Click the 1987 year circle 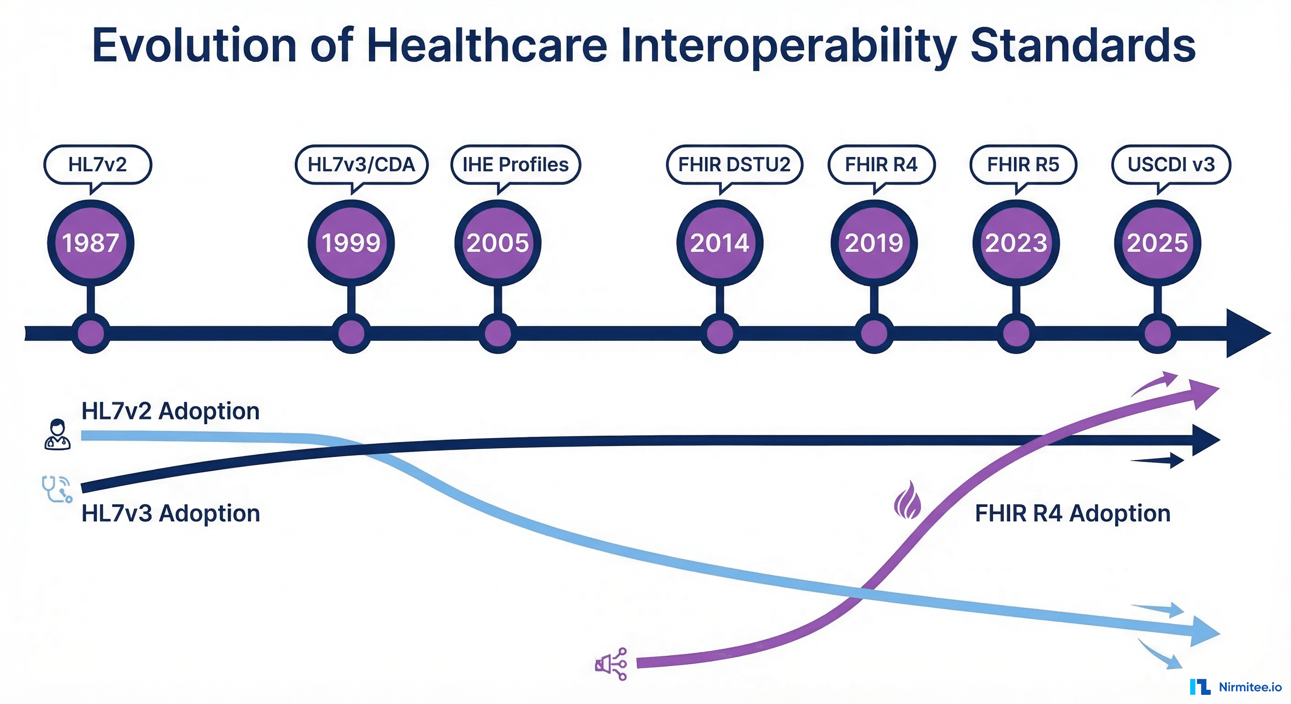[x=91, y=243]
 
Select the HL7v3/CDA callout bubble [x=361, y=165]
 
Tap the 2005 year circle [x=498, y=243]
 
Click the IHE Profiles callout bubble [x=515, y=165]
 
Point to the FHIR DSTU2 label [x=734, y=165]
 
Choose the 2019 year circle [x=874, y=243]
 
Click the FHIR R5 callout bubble [x=1023, y=165]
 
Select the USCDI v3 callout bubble [x=1171, y=165]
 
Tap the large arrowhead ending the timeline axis [x=1246, y=333]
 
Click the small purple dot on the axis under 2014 [x=720, y=334]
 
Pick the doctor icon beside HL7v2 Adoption [x=57, y=434]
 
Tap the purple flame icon [x=908, y=500]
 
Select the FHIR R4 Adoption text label [x=1072, y=514]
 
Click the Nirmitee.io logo [x=1236, y=687]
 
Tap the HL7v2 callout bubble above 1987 [x=98, y=165]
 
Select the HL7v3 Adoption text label [x=171, y=514]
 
